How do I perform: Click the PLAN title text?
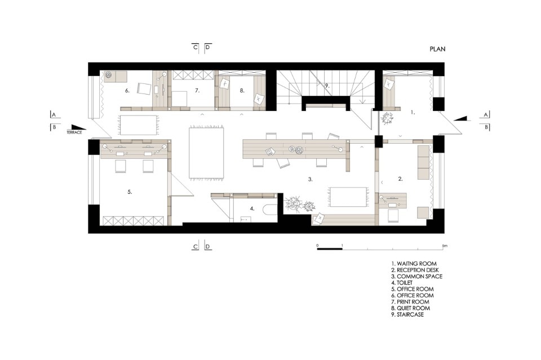[437, 49]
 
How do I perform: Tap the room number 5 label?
[130, 192]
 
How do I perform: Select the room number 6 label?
[127, 91]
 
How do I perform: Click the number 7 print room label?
[197, 90]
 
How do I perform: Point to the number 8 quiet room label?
[242, 90]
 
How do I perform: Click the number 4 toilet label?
[252, 208]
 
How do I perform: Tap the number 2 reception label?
[400, 179]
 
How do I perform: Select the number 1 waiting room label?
[413, 112]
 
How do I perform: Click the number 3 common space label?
[310, 179]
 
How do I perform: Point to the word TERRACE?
[74, 132]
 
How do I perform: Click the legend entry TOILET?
[405, 283]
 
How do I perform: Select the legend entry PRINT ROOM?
[413, 302]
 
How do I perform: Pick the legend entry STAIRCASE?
[410, 314]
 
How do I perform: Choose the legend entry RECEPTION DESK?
[418, 270]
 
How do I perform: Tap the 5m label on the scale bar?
[445, 246]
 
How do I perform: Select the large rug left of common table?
[206, 153]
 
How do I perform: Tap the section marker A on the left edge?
[54, 114]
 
